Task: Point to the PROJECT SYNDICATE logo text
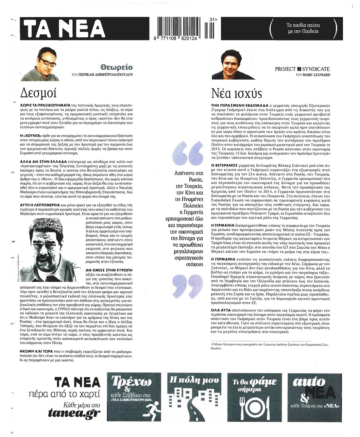pyautogui.click(x=302, y=69)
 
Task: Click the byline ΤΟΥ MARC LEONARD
pyautogui.click(x=313, y=74)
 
